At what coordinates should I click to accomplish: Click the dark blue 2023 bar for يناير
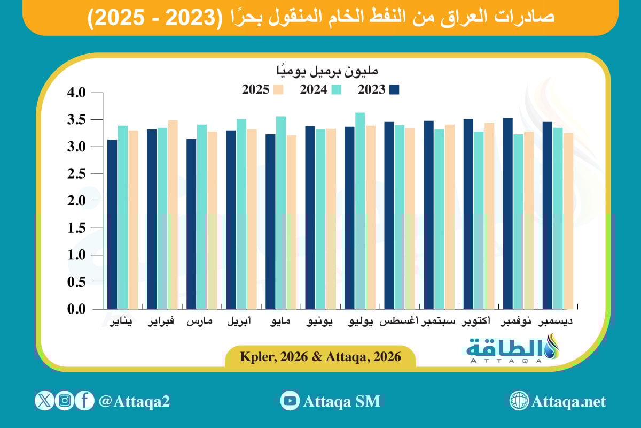(x=112, y=225)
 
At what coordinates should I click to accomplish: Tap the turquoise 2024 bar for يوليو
(x=360, y=211)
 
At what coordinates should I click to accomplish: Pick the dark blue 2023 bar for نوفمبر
(x=507, y=214)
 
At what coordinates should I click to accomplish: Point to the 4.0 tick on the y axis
(x=75, y=93)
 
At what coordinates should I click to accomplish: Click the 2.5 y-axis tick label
(x=75, y=174)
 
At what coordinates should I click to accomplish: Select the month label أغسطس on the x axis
(x=399, y=322)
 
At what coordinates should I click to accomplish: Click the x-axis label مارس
(x=199, y=322)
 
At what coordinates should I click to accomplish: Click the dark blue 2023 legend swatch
(x=394, y=90)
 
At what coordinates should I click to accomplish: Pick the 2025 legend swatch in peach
(x=278, y=90)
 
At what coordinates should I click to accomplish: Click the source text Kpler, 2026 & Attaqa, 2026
(x=320, y=357)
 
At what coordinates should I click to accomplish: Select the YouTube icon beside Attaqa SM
(x=290, y=401)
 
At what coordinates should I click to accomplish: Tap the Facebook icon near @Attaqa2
(x=84, y=401)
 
